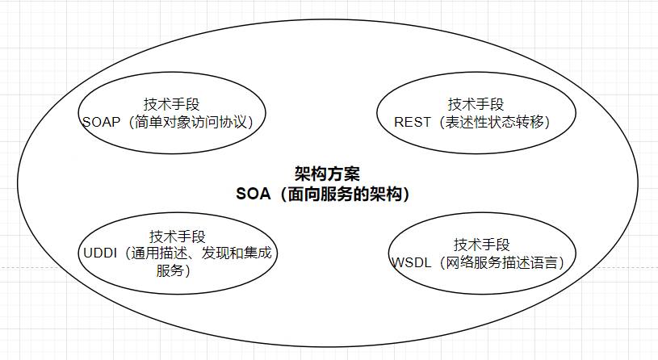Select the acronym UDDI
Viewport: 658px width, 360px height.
point(100,253)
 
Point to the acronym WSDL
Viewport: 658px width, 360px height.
point(412,262)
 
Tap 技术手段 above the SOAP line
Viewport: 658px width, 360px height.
point(172,104)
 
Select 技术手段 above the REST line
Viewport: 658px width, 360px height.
point(476,104)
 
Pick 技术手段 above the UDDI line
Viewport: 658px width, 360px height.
point(177,236)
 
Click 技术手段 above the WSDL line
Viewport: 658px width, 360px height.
point(481,245)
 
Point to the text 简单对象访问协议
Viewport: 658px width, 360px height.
point(191,122)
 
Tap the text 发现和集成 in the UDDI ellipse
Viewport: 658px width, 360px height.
point(237,253)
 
